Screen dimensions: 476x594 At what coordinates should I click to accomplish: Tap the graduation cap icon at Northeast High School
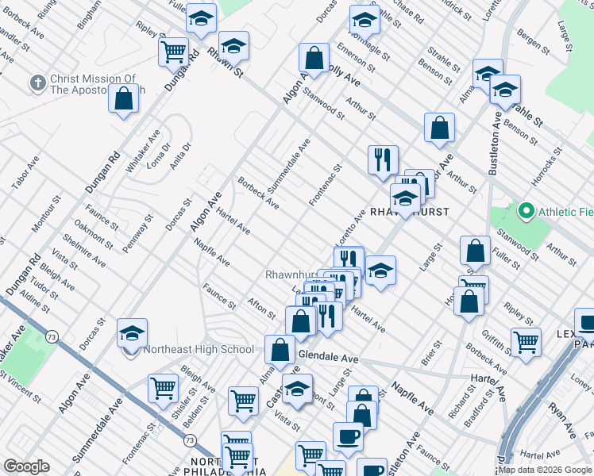pyautogui.click(x=133, y=333)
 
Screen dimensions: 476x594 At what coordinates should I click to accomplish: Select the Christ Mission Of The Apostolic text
pyautogui.click(x=94, y=84)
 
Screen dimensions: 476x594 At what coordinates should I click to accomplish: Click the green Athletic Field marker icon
pyautogui.click(x=525, y=212)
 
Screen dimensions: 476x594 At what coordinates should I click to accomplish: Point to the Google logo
pyautogui.click(x=27, y=466)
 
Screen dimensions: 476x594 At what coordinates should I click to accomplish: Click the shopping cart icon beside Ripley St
pyautogui.click(x=174, y=52)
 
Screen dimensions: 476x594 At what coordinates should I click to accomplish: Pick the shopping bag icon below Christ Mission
pyautogui.click(x=123, y=100)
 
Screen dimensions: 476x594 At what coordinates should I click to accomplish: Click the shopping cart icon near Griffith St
pyautogui.click(x=526, y=342)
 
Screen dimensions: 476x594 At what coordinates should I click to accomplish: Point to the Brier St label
pyautogui.click(x=434, y=348)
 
